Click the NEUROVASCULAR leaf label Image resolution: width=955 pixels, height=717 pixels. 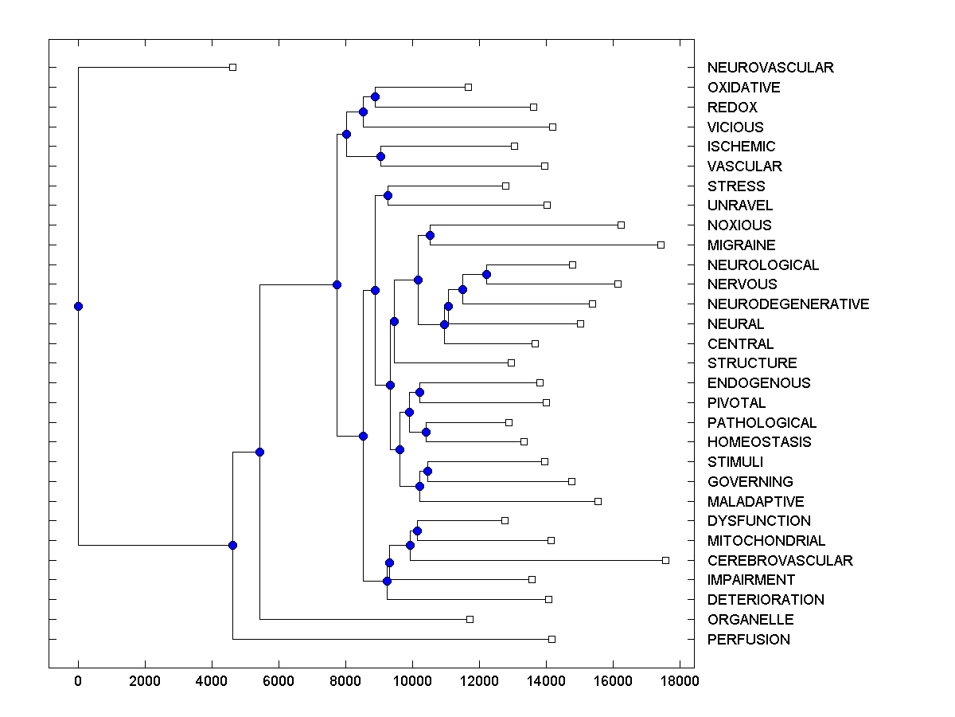pos(770,68)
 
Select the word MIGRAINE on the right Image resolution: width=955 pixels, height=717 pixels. pos(741,245)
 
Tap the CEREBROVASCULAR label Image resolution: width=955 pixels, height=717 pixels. pos(779,560)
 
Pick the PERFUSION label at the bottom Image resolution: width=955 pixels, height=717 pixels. pos(748,639)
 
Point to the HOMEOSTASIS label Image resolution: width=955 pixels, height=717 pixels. pos(758,442)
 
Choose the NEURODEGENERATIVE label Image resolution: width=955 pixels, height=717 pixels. pos(788,304)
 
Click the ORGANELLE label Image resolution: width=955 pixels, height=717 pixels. pos(750,619)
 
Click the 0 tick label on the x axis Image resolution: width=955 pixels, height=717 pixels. pos(78,681)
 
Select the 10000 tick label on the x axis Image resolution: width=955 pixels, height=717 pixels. pos(412,681)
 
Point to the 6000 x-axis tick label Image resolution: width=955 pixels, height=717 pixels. pos(279,681)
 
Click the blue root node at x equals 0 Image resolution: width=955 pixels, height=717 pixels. pos(78,306)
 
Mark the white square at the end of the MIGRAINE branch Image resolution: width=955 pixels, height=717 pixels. pos(661,245)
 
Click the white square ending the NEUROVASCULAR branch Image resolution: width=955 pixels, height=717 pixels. pos(232,68)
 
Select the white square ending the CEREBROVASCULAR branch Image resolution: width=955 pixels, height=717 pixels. pos(665,560)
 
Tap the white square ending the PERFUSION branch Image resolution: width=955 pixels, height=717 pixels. pos(552,639)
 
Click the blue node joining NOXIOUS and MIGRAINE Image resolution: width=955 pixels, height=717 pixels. pos(430,235)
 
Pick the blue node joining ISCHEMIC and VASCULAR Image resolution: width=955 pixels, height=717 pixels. pos(380,156)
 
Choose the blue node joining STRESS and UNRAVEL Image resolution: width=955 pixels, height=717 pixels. pos(388,195)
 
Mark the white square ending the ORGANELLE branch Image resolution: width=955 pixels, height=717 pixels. pos(470,619)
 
